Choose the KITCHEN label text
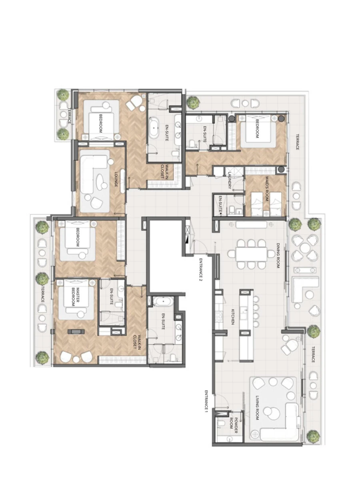(x=232, y=316)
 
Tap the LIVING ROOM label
(x=258, y=407)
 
